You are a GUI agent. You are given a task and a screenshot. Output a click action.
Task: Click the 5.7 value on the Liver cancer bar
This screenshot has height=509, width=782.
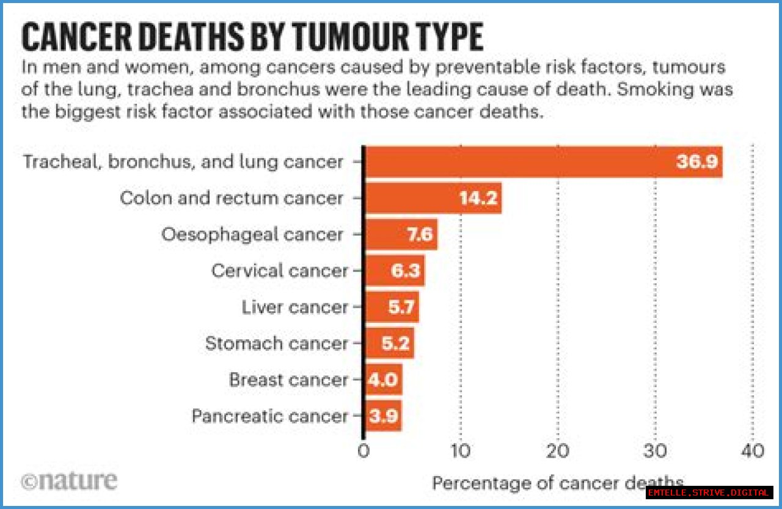click(402, 307)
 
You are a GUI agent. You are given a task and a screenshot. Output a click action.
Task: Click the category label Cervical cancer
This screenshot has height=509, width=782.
click(279, 270)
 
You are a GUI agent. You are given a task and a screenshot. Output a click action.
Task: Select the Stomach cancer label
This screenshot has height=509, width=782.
click(276, 343)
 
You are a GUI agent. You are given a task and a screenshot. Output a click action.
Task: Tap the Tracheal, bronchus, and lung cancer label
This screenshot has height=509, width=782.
click(183, 162)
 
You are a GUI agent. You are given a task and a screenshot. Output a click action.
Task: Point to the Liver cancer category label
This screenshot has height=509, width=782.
click(294, 307)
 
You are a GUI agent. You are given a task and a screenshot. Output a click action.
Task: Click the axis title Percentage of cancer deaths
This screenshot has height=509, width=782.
click(557, 483)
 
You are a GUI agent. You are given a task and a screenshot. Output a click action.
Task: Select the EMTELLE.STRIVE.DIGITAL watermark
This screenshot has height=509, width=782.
click(709, 493)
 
